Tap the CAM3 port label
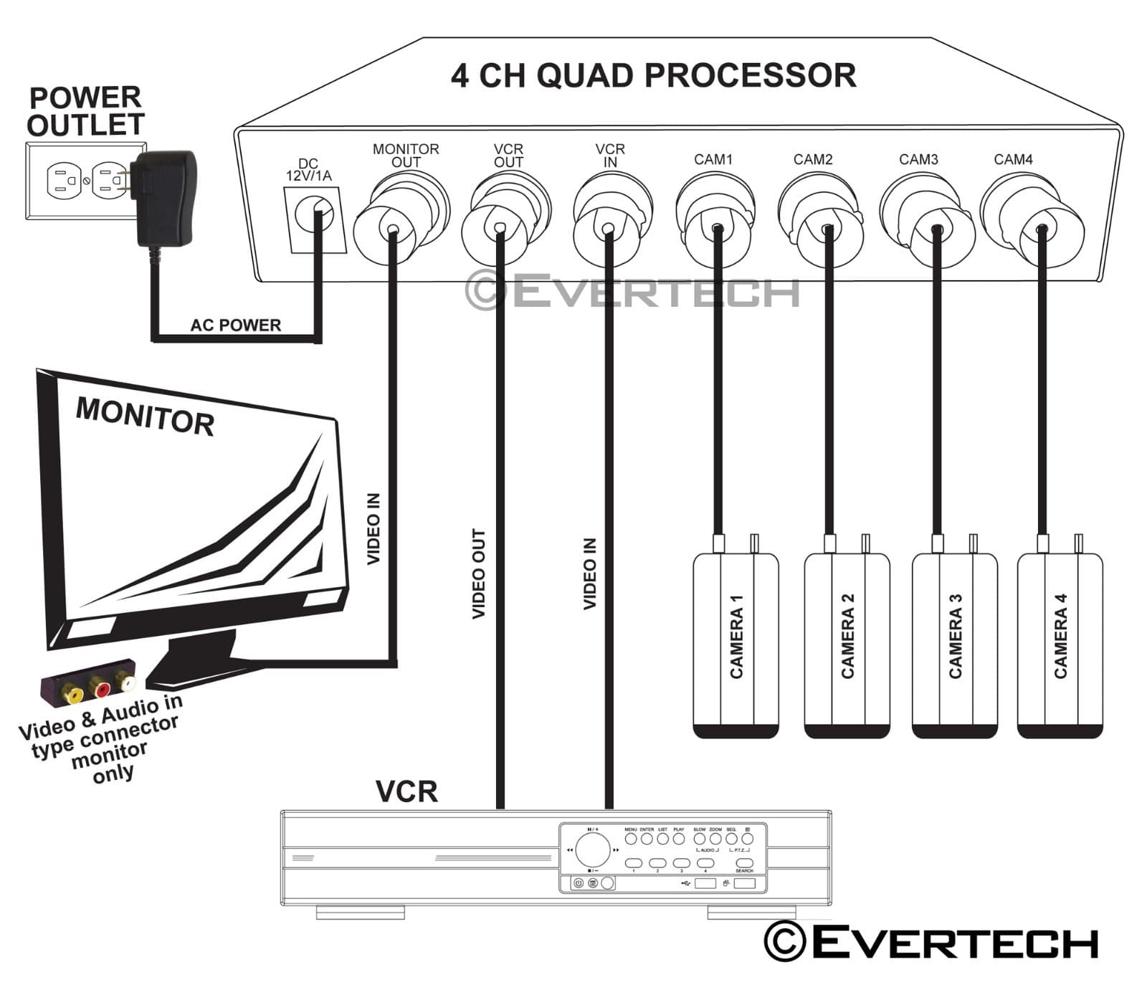click(x=918, y=160)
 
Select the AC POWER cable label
click(x=235, y=325)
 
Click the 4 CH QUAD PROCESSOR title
click(x=653, y=76)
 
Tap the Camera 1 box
click(x=736, y=644)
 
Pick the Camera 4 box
click(x=1060, y=644)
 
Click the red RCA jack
click(x=101, y=689)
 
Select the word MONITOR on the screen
click(x=145, y=417)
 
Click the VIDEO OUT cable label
click(x=479, y=574)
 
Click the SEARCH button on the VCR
click(x=744, y=863)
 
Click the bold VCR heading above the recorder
click(x=406, y=791)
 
